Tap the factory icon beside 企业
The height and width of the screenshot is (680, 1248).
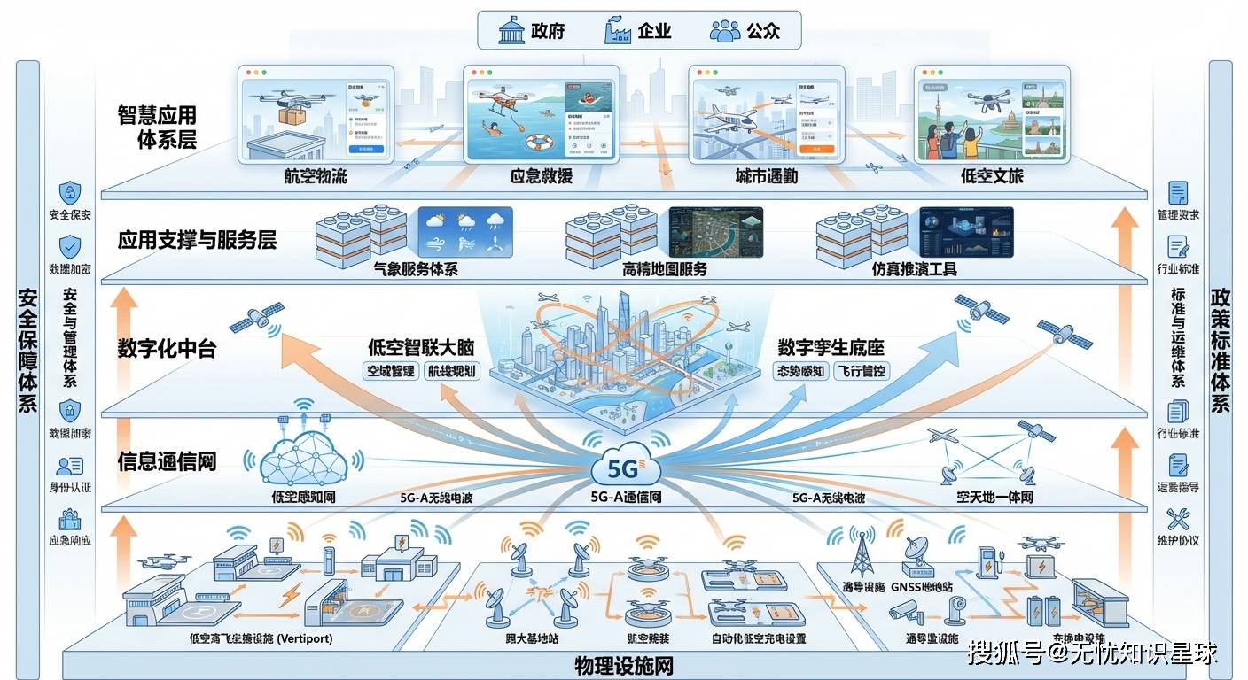(x=617, y=31)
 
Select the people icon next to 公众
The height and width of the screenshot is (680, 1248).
(x=724, y=31)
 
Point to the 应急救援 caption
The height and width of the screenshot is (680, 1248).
(x=541, y=176)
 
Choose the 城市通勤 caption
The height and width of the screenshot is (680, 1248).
(x=766, y=176)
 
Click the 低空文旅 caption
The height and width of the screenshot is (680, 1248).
(x=992, y=176)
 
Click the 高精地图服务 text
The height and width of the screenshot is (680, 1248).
(x=665, y=269)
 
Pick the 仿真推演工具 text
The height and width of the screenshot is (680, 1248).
(x=914, y=269)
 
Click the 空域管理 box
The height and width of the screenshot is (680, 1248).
(x=391, y=371)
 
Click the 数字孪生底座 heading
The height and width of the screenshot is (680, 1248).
(x=831, y=346)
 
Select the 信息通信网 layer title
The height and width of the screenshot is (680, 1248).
(x=167, y=460)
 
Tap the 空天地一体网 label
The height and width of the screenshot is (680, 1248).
(x=994, y=498)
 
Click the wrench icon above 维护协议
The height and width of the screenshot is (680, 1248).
(x=1178, y=518)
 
